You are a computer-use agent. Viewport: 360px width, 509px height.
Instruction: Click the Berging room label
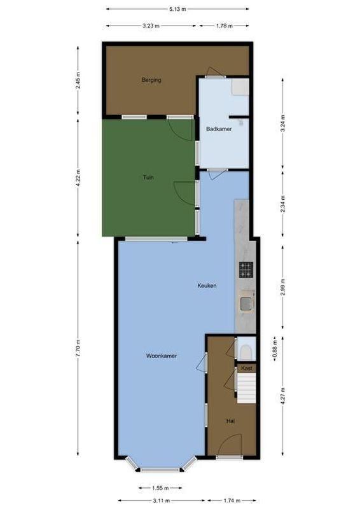click(x=151, y=80)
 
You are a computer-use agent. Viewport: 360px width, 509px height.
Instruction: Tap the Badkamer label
click(x=218, y=129)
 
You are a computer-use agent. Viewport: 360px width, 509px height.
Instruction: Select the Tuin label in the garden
click(x=148, y=178)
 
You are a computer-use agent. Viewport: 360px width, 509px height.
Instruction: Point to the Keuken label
click(x=207, y=286)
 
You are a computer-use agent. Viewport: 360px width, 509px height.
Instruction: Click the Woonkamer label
click(x=161, y=356)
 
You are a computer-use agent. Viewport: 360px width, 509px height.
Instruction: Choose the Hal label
click(x=231, y=421)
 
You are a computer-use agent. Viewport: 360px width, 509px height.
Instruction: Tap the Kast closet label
click(x=247, y=368)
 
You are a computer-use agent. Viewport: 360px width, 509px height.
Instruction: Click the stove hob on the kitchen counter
click(x=246, y=270)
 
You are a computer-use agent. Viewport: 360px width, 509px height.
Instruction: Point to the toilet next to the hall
click(x=247, y=351)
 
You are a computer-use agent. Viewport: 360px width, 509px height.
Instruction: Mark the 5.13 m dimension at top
click(x=177, y=9)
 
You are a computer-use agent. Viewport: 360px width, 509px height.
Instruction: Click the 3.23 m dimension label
click(x=151, y=25)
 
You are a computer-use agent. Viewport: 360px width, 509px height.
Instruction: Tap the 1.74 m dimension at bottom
click(x=232, y=501)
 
